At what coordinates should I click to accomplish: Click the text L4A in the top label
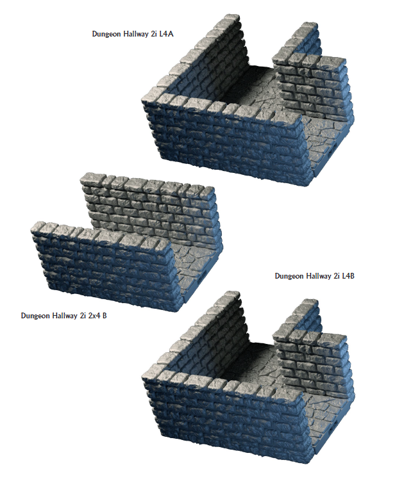point(166,34)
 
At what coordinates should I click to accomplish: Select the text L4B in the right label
point(348,276)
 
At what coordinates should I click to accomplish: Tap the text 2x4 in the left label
point(94,315)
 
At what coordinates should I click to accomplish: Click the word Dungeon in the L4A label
point(107,34)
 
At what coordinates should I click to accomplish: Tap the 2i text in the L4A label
point(154,34)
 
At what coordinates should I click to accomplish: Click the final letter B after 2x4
point(105,315)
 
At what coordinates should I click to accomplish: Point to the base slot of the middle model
point(199,279)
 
